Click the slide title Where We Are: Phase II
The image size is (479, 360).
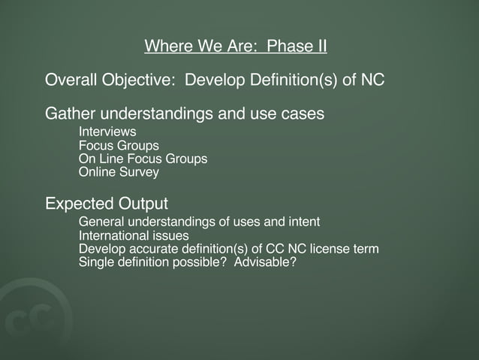point(235,47)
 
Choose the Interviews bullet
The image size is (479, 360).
point(107,132)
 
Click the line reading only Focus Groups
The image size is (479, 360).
point(119,146)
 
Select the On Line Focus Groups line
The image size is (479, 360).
point(143,159)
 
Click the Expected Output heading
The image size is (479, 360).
point(107,204)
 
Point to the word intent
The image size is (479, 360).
point(303,222)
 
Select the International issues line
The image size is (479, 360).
point(134,235)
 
